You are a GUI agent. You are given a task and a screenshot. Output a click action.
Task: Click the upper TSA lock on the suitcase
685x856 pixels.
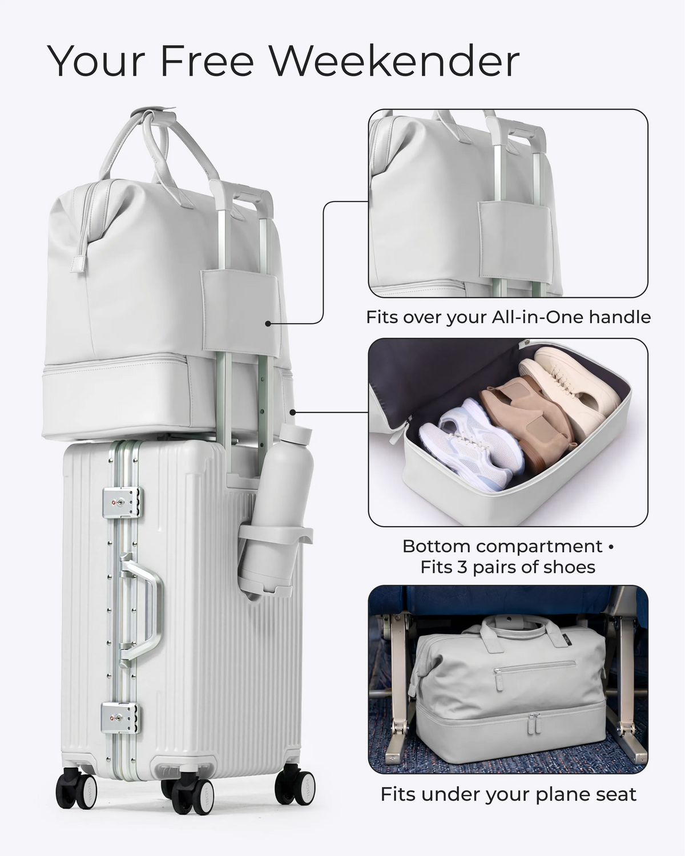pyautogui.click(x=122, y=502)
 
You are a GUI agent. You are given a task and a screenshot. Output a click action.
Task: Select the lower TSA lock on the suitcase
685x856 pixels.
pyautogui.click(x=120, y=717)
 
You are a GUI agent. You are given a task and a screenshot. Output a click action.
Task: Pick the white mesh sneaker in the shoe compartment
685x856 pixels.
pyautogui.click(x=472, y=443)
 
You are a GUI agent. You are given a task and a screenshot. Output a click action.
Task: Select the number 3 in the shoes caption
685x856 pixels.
pyautogui.click(x=461, y=567)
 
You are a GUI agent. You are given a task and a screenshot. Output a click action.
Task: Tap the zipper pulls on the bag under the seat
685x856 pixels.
pyautogui.click(x=534, y=724)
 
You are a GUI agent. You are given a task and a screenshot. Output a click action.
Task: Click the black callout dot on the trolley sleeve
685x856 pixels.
pyautogui.click(x=268, y=324)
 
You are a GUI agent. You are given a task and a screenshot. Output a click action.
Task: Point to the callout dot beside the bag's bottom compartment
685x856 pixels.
pyautogui.click(x=292, y=413)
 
